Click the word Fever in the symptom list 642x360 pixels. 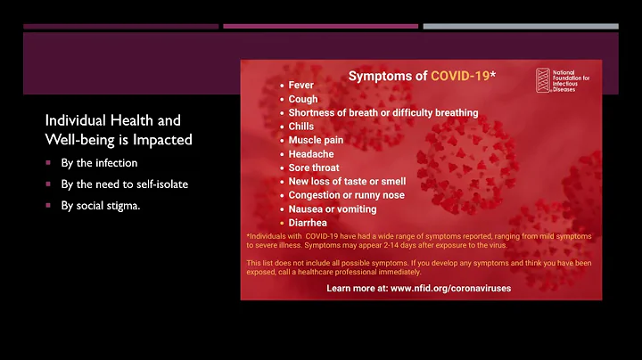(x=301, y=86)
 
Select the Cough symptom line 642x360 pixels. (x=304, y=100)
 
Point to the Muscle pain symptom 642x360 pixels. (x=316, y=140)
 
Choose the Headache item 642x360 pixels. (x=311, y=154)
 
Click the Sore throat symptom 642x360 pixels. (x=315, y=168)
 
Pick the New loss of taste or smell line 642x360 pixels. (x=347, y=181)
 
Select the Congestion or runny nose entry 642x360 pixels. (x=346, y=195)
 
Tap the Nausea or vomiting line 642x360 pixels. (x=332, y=209)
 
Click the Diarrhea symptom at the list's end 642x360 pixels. (x=309, y=223)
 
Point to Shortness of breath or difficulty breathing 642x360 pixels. (x=383, y=113)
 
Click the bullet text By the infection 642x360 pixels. (x=98, y=163)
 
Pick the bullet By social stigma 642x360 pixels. (x=106, y=204)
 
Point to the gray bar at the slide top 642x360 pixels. (x=520, y=27)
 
